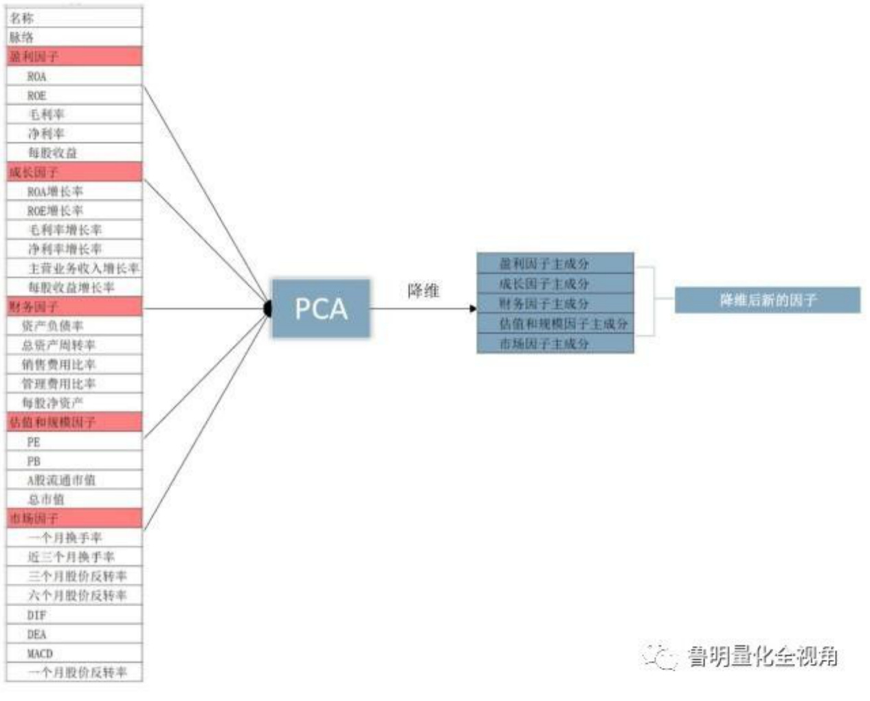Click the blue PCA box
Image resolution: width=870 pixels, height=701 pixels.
pos(321,309)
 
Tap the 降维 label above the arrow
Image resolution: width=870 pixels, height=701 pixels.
pos(423,291)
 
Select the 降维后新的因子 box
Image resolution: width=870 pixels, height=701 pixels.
pos(768,300)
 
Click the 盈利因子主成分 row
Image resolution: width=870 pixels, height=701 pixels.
pos(555,263)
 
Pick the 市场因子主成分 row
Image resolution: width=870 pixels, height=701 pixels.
pos(555,344)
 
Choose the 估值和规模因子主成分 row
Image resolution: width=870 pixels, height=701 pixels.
pos(555,324)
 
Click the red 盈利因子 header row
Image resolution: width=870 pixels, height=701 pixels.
pos(74,56)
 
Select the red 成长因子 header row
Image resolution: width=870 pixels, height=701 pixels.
pos(74,172)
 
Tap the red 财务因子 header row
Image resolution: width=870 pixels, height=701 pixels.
pos(74,307)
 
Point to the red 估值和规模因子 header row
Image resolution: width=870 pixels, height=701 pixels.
pos(74,422)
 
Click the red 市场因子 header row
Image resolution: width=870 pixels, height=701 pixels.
pos(74,518)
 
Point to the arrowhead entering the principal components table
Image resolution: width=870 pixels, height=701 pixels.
pos(473,309)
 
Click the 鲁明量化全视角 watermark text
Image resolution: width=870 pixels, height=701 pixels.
pos(762,657)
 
